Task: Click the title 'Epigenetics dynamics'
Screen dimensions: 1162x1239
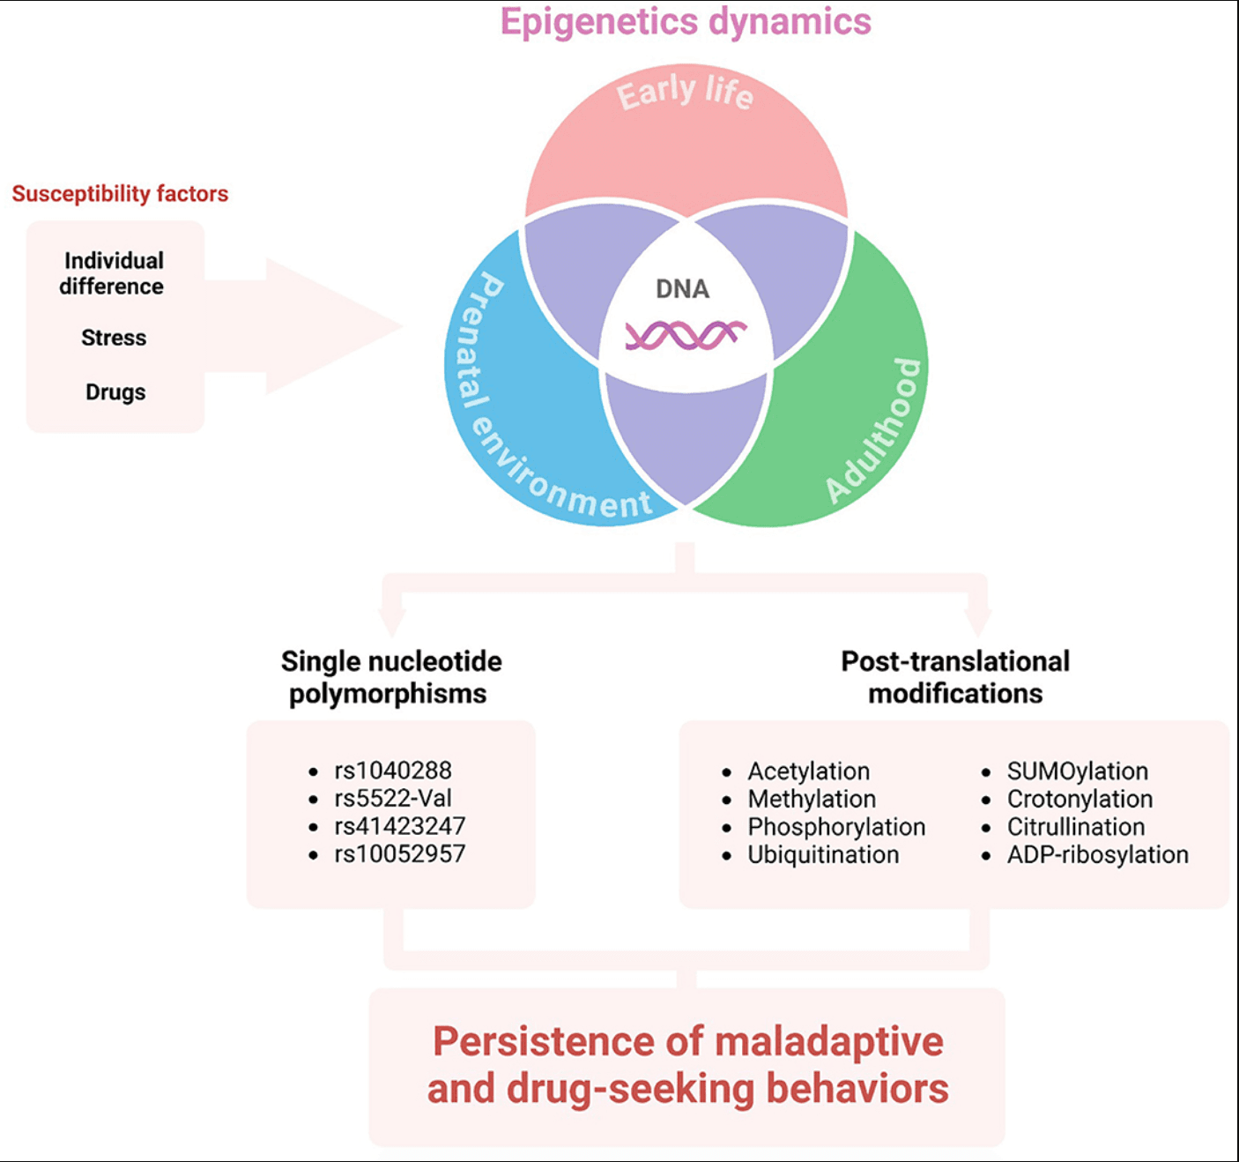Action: [686, 22]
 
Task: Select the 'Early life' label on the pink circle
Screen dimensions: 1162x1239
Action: [685, 93]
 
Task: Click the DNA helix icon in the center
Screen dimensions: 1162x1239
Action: [686, 335]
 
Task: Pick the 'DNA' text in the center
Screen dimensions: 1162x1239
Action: [682, 289]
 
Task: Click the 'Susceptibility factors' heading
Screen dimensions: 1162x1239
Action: [120, 194]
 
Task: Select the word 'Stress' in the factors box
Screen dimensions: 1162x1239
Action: [114, 338]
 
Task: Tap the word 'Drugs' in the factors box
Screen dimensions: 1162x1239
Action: [115, 392]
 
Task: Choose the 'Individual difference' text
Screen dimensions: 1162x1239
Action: [112, 273]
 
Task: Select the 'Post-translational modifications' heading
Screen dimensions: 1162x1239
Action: [955, 677]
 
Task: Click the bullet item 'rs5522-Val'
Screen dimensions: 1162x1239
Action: [392, 799]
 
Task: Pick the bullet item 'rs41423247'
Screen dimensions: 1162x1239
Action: [399, 826]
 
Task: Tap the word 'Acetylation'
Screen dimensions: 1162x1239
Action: [808, 771]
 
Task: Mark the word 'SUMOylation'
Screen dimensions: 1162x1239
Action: [1077, 771]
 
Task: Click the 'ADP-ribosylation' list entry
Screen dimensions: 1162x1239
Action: [1097, 854]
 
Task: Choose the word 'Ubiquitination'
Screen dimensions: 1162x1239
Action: [823, 854]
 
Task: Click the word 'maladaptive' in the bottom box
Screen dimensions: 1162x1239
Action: [829, 1042]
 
